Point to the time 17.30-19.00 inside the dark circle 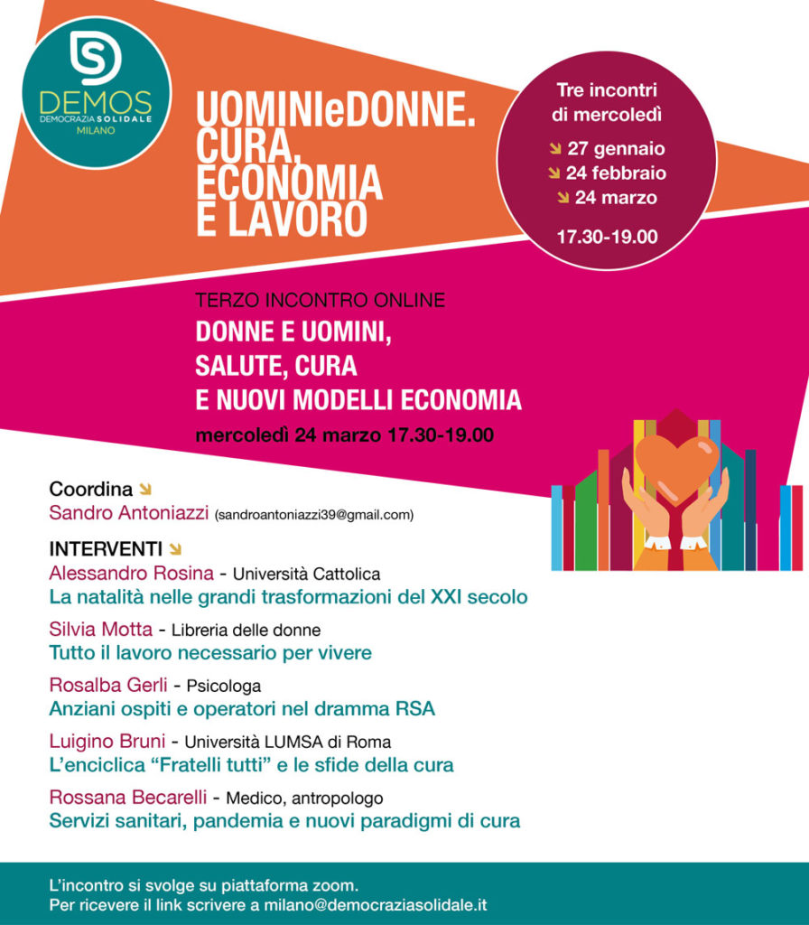(x=607, y=238)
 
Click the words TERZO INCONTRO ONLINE (x=321, y=301)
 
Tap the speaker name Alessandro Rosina (x=131, y=574)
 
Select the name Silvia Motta (x=100, y=630)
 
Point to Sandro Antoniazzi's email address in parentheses (x=313, y=516)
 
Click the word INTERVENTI (x=106, y=549)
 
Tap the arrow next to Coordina (x=144, y=490)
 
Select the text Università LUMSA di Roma (x=288, y=743)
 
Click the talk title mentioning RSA (x=241, y=709)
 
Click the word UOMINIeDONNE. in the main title (x=335, y=114)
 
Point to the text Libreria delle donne (x=246, y=631)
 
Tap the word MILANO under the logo (x=96, y=132)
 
